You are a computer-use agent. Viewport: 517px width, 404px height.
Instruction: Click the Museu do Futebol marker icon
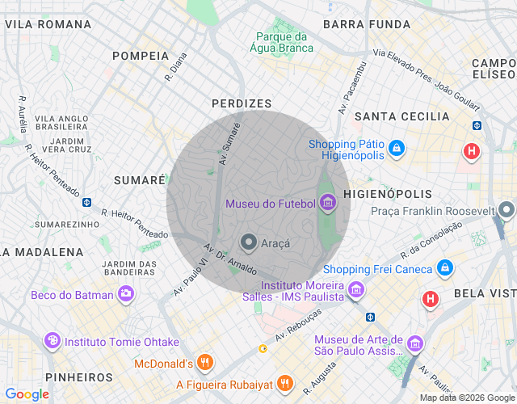[327, 202]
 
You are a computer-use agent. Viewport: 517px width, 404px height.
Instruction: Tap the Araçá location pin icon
[249, 242]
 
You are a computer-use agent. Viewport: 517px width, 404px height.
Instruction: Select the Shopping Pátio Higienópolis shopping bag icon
[396, 149]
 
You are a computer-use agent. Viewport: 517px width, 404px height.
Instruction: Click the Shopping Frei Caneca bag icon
[443, 267]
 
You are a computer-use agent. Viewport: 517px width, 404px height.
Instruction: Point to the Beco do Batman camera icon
[125, 295]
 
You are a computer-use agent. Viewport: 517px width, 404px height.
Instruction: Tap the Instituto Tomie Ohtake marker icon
[53, 340]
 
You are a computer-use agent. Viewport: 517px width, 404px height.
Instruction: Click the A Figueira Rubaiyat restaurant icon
[284, 383]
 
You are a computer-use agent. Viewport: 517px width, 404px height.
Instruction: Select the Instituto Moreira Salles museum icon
[356, 289]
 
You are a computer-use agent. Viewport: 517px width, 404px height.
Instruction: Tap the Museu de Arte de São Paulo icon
[414, 344]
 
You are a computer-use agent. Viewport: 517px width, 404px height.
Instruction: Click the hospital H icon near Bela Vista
[431, 300]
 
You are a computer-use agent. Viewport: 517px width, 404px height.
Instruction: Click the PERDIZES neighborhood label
[242, 103]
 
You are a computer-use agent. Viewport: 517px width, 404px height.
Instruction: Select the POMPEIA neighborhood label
[141, 56]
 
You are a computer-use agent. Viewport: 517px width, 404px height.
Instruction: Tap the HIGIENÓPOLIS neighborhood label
[388, 195]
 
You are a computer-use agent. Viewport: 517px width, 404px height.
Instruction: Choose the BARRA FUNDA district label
[367, 24]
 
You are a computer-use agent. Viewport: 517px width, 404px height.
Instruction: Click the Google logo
[27, 393]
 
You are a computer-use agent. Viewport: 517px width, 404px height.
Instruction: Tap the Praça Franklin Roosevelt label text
[432, 211]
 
